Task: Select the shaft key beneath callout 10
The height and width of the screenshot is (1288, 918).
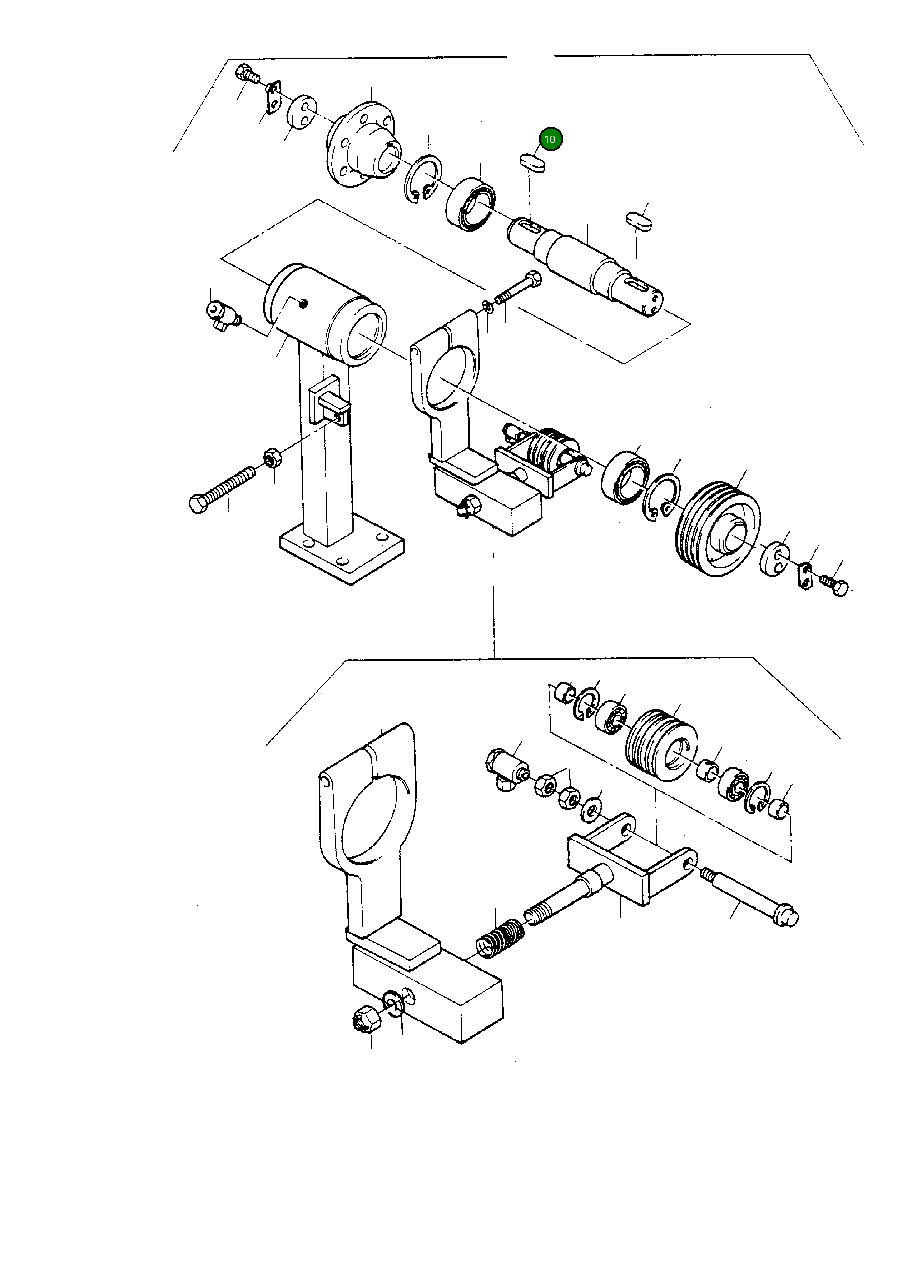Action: click(x=532, y=163)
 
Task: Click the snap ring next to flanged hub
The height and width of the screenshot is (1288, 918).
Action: click(x=423, y=178)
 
